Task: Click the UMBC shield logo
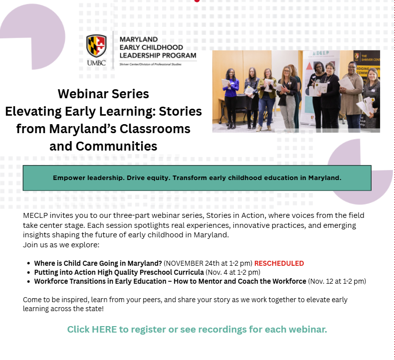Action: point(96,46)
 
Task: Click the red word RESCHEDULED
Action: point(279,263)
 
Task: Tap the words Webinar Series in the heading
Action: point(103,94)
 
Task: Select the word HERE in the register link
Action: point(104,330)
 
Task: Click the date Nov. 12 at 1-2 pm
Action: point(338,281)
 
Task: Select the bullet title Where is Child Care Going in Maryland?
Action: point(98,263)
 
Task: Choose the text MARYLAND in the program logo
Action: point(138,39)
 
